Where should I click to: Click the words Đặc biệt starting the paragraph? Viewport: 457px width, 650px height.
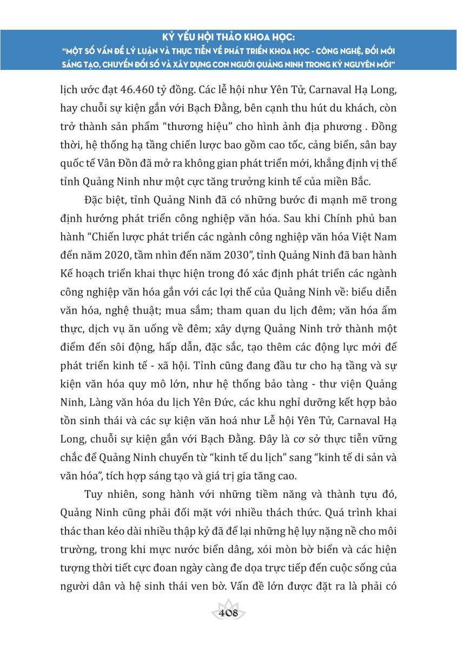click(105, 200)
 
